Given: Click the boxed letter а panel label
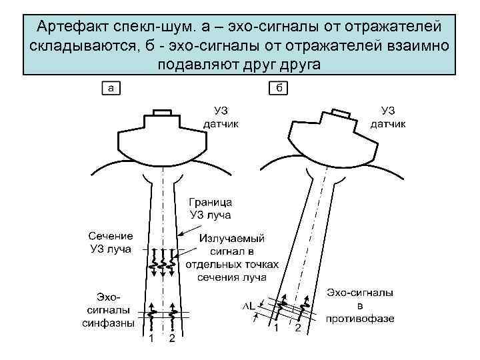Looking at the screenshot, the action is click(x=111, y=87).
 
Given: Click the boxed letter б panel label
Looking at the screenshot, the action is click(x=277, y=87).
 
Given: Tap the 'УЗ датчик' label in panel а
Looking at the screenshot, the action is click(x=221, y=117).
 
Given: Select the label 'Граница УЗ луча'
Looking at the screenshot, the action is click(x=210, y=207).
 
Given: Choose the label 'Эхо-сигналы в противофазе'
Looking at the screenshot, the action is click(x=360, y=305).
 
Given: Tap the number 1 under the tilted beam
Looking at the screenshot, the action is click(x=275, y=329).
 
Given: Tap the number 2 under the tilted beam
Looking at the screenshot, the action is click(x=298, y=329).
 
